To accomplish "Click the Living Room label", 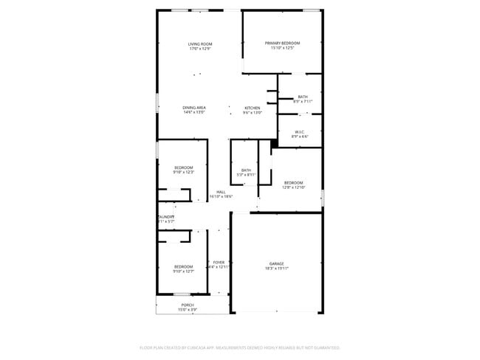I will click(x=199, y=44).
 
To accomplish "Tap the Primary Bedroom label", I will click(x=283, y=44).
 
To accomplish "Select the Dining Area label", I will click(x=194, y=108).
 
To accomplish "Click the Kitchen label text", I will click(x=253, y=108).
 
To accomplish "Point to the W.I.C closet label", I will click(x=300, y=131).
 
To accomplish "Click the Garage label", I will click(x=277, y=263).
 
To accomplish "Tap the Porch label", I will click(x=188, y=305).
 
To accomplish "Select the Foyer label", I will click(x=219, y=262).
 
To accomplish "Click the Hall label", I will click(x=221, y=192).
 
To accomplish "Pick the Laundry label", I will click(x=166, y=217).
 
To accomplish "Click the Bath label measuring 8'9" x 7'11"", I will click(x=303, y=97).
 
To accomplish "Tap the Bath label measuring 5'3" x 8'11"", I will click(x=246, y=170).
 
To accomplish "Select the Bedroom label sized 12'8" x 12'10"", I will click(x=293, y=182).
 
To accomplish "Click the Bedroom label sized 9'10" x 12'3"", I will click(x=184, y=167).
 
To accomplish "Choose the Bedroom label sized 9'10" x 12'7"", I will click(x=183, y=266).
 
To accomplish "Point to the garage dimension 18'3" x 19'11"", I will click(x=277, y=269).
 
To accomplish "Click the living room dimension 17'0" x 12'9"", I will click(x=199, y=49).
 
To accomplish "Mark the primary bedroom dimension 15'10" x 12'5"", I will click(x=283, y=48).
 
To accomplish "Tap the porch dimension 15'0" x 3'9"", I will click(x=188, y=310).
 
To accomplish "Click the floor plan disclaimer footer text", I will click(x=239, y=347).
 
